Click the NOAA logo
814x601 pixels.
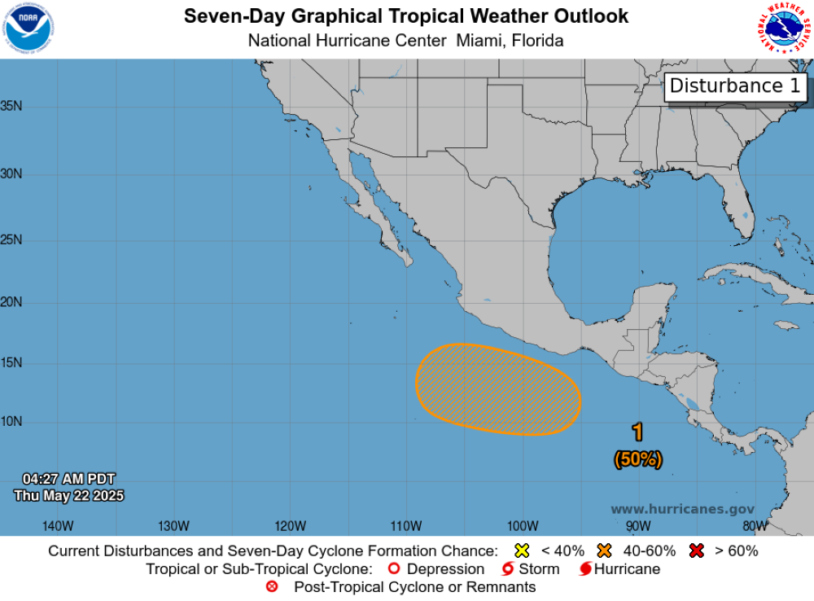coord(28,29)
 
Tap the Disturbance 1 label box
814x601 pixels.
coord(735,86)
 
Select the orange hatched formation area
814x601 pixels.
coord(498,389)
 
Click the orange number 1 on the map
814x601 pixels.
coord(638,432)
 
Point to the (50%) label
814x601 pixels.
coord(638,459)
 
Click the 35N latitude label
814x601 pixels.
coord(11,106)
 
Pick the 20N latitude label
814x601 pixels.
coord(11,302)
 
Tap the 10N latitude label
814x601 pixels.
coord(11,422)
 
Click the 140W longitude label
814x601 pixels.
coord(58,524)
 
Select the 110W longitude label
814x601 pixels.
coord(405,524)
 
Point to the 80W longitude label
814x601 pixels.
coord(755,524)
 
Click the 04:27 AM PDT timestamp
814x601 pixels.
coord(68,479)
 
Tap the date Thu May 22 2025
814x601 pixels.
coord(68,495)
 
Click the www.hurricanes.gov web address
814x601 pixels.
coord(682,509)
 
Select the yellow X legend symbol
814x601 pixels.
coord(523,551)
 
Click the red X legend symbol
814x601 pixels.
coord(696,551)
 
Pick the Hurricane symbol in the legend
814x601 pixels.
coord(584,569)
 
